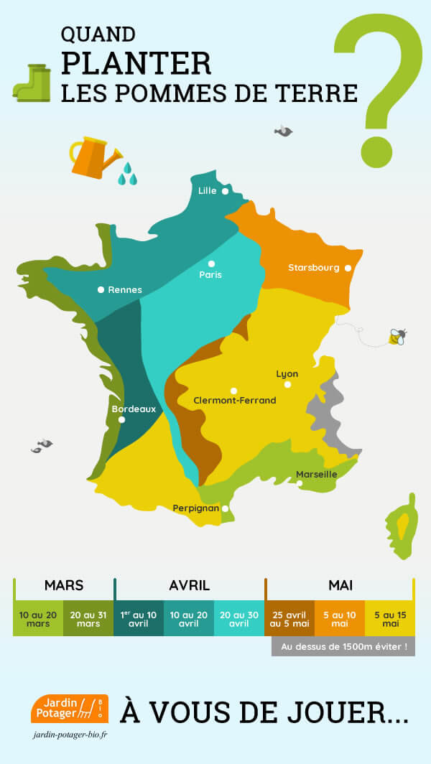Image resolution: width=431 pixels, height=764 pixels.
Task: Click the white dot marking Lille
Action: [x=225, y=191]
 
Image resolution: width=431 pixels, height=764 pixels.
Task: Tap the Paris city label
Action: [x=211, y=275]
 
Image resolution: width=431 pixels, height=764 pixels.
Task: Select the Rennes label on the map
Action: [x=125, y=290]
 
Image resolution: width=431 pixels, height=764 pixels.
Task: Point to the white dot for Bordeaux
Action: [x=122, y=419]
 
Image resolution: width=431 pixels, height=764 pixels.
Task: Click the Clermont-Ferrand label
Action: [x=235, y=400]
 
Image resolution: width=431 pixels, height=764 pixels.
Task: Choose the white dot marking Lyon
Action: [x=287, y=384]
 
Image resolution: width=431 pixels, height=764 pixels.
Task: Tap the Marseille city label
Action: [x=317, y=475]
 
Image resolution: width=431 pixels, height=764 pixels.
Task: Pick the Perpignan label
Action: [x=196, y=508]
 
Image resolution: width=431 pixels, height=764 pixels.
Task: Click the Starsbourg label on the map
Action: [x=314, y=268]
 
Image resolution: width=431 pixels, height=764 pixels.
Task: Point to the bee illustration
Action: [x=397, y=336]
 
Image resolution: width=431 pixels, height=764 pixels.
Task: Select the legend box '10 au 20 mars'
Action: [x=38, y=618]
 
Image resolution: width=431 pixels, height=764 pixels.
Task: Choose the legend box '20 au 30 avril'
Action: [x=239, y=618]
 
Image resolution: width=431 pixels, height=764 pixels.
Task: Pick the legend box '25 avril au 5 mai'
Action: [x=289, y=618]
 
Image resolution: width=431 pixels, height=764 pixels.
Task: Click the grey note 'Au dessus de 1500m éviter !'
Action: [x=343, y=646]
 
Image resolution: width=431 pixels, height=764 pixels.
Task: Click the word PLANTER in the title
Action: [x=136, y=62]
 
